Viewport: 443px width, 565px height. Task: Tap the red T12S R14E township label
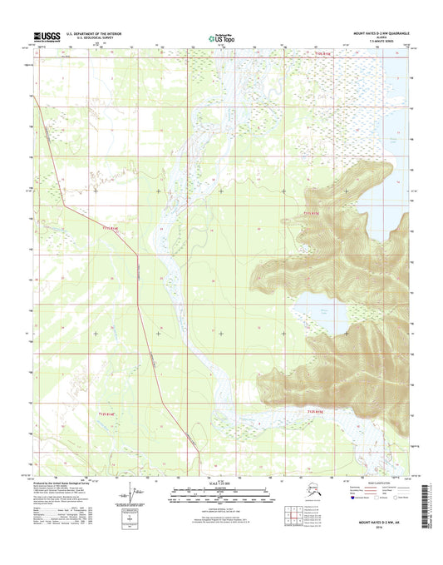[x=110, y=414]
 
